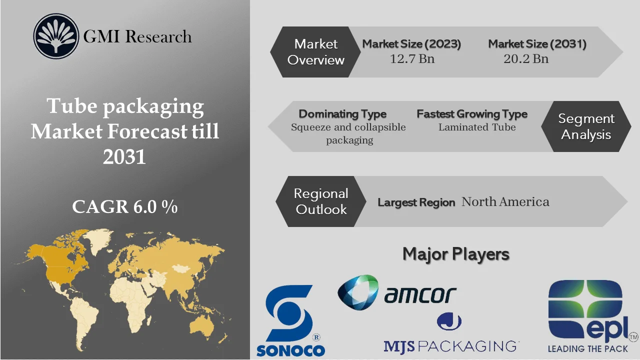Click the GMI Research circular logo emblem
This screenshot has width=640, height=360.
pyautogui.click(x=56, y=36)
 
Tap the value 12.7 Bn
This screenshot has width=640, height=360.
pyautogui.click(x=412, y=59)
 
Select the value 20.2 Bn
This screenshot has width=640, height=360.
pyautogui.click(x=526, y=59)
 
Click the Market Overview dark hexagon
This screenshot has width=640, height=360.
pyautogui.click(x=315, y=52)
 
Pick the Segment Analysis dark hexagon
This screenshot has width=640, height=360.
pyautogui.click(x=586, y=126)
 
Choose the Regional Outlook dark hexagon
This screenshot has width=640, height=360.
pyautogui.click(x=320, y=201)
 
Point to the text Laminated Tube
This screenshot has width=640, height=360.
pyautogui.click(x=477, y=127)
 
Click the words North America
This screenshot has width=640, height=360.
pyautogui.click(x=505, y=202)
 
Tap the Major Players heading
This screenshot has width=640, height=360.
pyautogui.click(x=455, y=254)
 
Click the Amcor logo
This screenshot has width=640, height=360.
pyautogui.click(x=397, y=292)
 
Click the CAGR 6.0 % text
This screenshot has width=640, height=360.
pyautogui.click(x=125, y=207)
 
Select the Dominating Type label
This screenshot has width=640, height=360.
pyautogui.click(x=342, y=114)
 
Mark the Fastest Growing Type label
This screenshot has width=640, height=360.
pyautogui.click(x=472, y=114)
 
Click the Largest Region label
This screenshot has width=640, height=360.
pyautogui.click(x=416, y=202)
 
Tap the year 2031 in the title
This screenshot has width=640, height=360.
pyautogui.click(x=125, y=157)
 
